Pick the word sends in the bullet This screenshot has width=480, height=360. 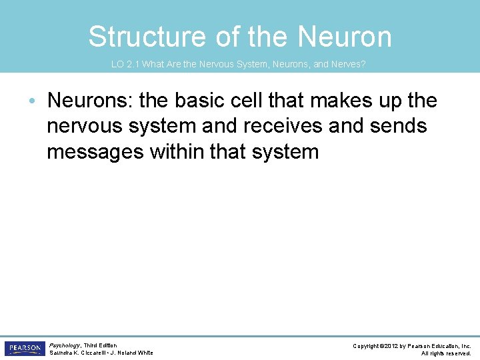(x=399, y=126)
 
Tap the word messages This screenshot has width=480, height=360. (x=95, y=151)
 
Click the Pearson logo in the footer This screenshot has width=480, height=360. (x=23, y=349)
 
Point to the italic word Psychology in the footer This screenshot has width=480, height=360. (x=65, y=345)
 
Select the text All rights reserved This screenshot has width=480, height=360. (x=446, y=353)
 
